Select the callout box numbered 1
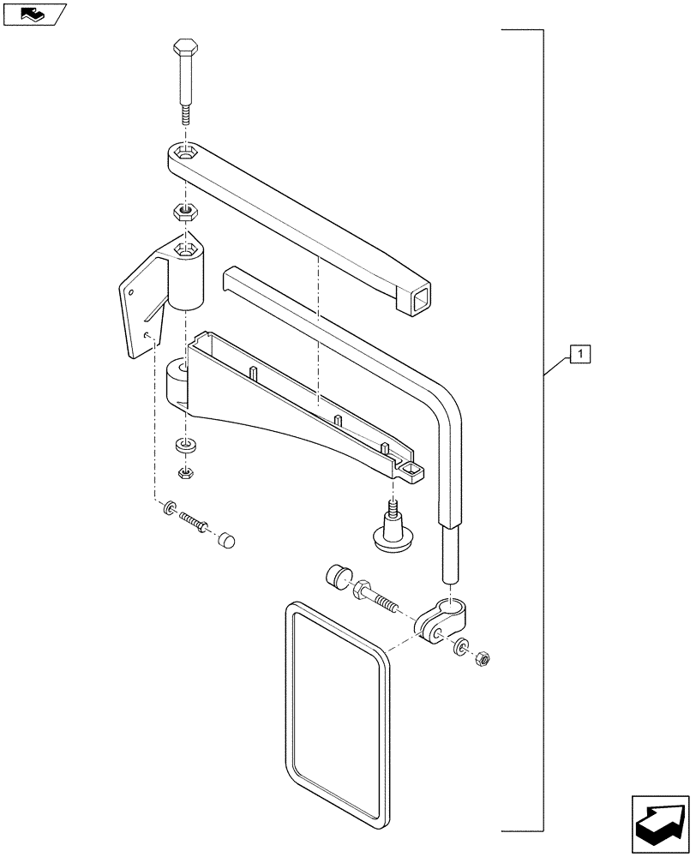(579, 353)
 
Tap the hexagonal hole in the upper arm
(184, 154)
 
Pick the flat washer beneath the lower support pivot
(183, 446)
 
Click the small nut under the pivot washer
(183, 472)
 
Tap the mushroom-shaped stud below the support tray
(391, 530)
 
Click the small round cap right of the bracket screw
(225, 541)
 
